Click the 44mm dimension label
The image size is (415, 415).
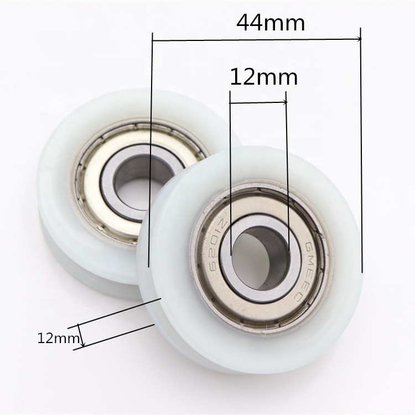pos(271,23)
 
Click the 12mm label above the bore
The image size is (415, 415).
pos(264,77)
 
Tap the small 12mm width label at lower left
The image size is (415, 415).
pos(59,338)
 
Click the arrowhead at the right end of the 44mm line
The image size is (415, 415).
pos(359,39)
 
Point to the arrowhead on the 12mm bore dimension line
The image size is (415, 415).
pos(285,102)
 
